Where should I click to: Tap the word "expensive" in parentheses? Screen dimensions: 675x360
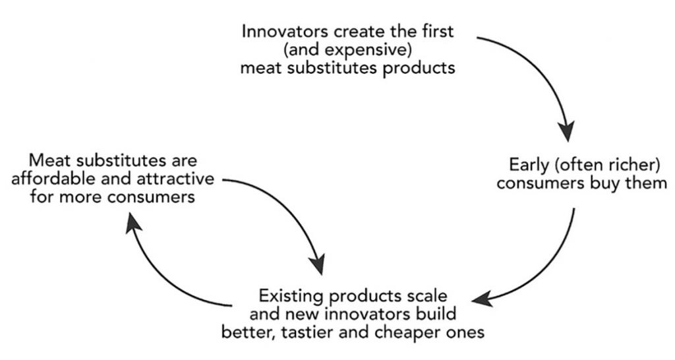[367, 50]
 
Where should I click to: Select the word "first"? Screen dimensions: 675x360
[438, 31]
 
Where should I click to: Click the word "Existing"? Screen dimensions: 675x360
[291, 296]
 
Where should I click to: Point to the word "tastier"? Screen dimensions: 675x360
[306, 332]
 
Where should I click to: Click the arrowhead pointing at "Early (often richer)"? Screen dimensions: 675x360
[566, 131]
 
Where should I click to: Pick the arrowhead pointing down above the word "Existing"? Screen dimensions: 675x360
[318, 264]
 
